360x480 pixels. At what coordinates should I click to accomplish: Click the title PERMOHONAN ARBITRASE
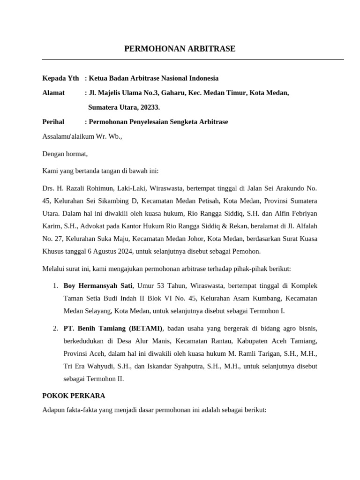tap(180, 49)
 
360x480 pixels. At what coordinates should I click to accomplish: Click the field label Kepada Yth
tap(60, 78)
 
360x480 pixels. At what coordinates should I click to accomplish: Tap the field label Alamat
tap(53, 93)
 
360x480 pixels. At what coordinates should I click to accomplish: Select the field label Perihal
tap(53, 122)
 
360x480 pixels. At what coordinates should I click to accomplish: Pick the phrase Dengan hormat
tap(64, 154)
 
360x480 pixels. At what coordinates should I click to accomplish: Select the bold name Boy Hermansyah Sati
tap(98, 285)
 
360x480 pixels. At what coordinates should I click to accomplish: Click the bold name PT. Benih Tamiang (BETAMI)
tap(113, 328)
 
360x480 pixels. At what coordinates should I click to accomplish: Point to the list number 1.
tap(55, 285)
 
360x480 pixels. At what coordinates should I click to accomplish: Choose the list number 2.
tap(55, 328)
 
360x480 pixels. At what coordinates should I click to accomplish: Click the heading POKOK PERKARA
tap(74, 396)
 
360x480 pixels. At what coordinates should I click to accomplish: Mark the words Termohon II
tap(106, 379)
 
